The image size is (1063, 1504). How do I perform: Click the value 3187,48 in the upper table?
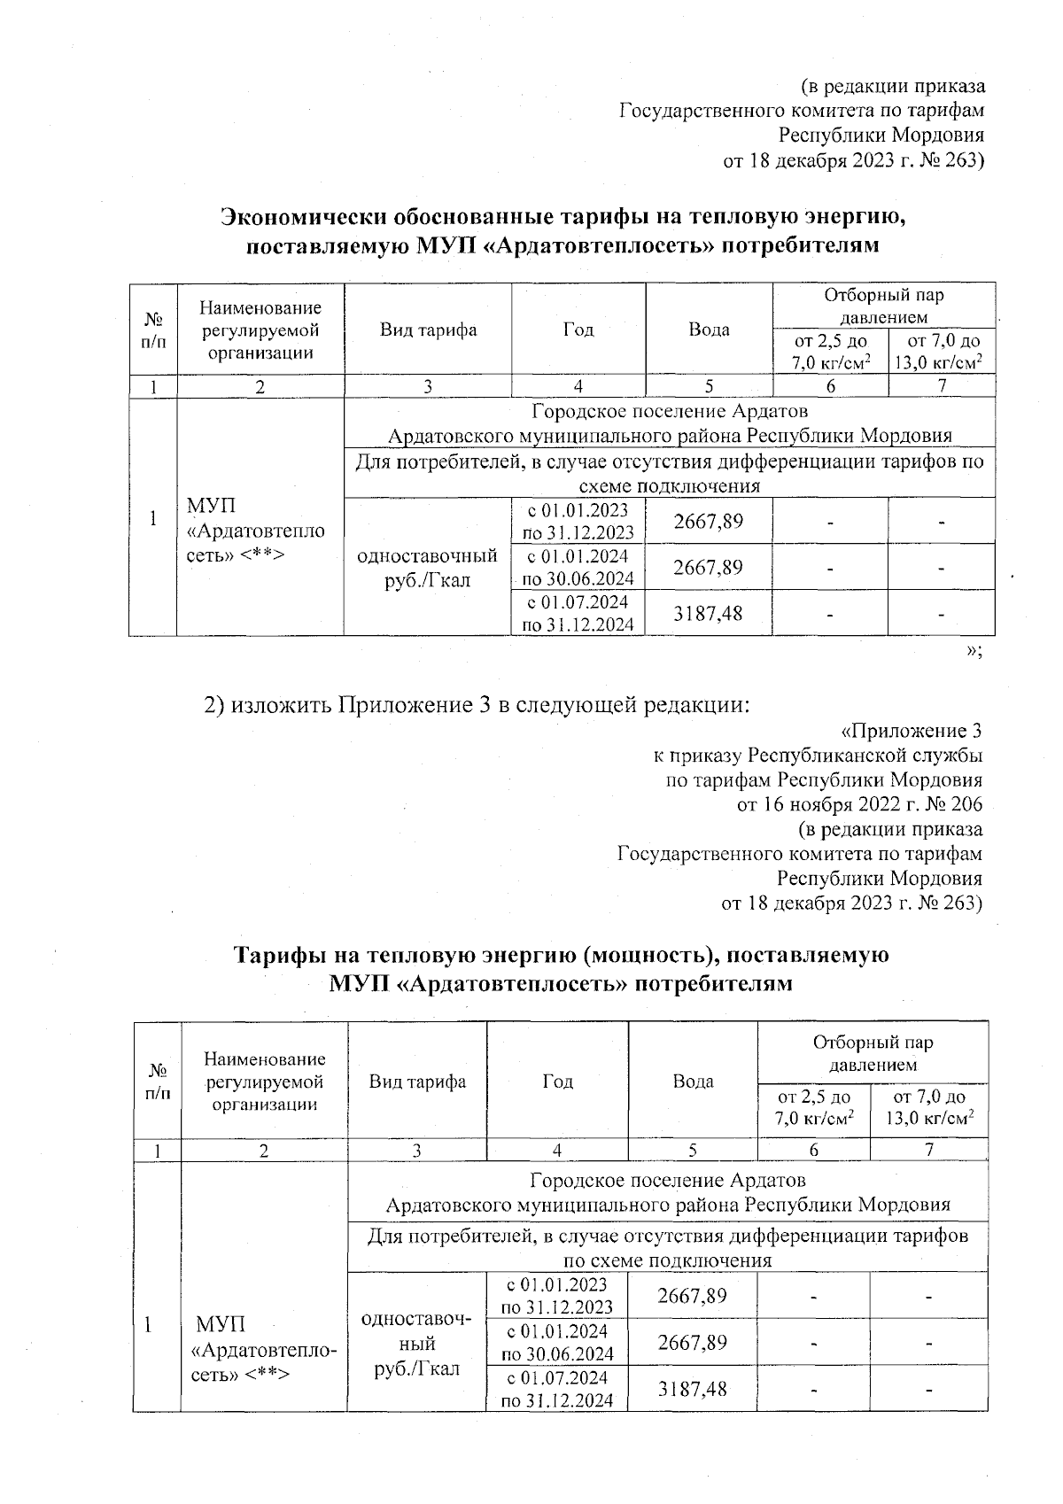pyautogui.click(x=708, y=613)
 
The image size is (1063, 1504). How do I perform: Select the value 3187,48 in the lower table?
pyautogui.click(x=692, y=1388)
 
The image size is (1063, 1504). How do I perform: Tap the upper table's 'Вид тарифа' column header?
pyautogui.click(x=428, y=330)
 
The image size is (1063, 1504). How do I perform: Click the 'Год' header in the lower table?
pyautogui.click(x=557, y=1081)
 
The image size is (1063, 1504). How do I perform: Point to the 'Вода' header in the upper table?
pyautogui.click(x=709, y=330)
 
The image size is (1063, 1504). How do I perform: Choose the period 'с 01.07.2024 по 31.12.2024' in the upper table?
pyautogui.click(x=578, y=613)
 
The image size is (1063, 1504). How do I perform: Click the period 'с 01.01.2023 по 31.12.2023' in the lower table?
pyautogui.click(x=556, y=1295)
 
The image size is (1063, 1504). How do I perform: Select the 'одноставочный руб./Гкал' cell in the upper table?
pyautogui.click(x=427, y=568)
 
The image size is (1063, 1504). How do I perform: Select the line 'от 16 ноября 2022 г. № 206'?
pyautogui.click(x=859, y=805)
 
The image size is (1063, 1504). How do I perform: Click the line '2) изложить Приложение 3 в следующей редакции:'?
pyautogui.click(x=477, y=705)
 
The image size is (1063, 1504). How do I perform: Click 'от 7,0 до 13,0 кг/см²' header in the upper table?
pyautogui.click(x=941, y=352)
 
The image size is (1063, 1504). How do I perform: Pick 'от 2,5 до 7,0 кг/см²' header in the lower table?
pyautogui.click(x=813, y=1108)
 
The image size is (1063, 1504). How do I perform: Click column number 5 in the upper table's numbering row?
pyautogui.click(x=709, y=385)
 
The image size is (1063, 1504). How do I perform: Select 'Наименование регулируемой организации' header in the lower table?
pyautogui.click(x=264, y=1081)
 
